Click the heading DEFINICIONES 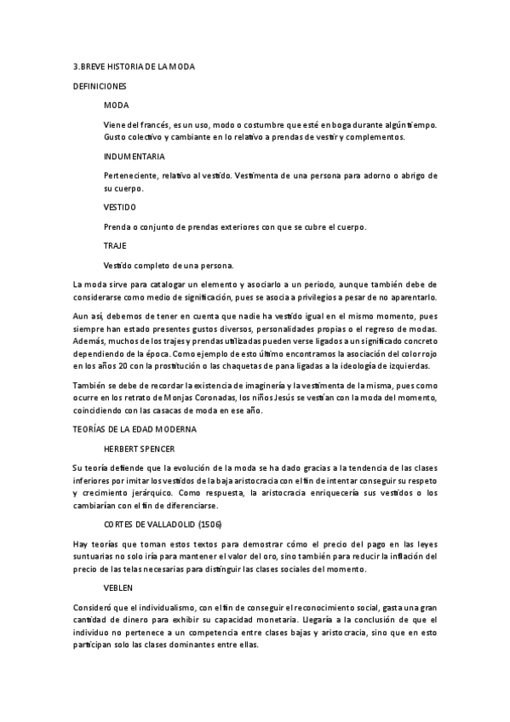click(x=100, y=87)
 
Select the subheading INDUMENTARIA click(x=134, y=157)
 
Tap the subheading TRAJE click(x=115, y=245)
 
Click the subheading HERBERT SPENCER click(x=139, y=447)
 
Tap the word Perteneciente click(x=130, y=175)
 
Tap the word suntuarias click(x=95, y=555)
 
